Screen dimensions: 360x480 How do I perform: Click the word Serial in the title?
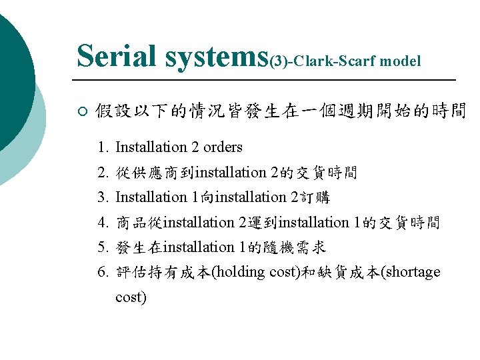click(x=117, y=56)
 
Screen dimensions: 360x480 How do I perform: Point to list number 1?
click(x=102, y=147)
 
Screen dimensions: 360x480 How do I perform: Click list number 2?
click(x=102, y=173)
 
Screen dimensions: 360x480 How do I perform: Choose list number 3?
click(x=102, y=197)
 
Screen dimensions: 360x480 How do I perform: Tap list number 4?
click(x=102, y=223)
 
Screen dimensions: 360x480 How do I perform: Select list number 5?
click(x=102, y=247)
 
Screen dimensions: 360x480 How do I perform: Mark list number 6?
click(x=102, y=273)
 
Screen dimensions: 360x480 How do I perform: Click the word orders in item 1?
click(x=223, y=147)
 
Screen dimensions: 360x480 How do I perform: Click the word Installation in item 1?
click(x=151, y=147)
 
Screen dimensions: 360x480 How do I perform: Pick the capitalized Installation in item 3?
click(x=151, y=197)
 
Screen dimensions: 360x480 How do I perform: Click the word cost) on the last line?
click(x=131, y=297)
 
